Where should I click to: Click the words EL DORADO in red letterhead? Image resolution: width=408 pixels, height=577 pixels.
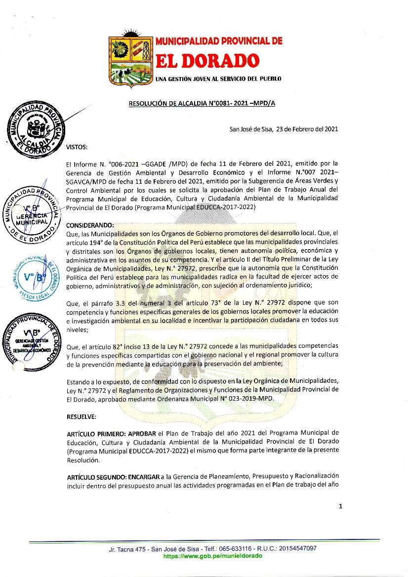(x=207, y=61)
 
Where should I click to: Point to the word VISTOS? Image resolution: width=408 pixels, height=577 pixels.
(x=77, y=147)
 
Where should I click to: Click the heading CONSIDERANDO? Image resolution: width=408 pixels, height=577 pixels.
(x=90, y=225)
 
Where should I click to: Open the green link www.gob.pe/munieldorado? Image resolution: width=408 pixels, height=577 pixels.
(x=212, y=555)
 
